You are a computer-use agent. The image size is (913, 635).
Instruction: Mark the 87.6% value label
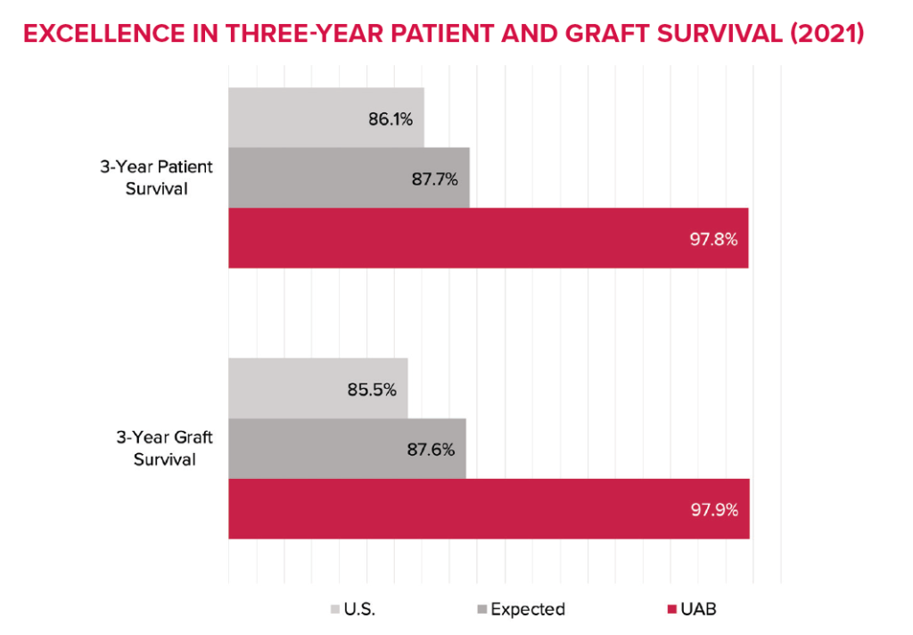click(x=432, y=449)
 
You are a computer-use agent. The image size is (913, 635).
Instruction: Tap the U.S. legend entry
click(x=354, y=610)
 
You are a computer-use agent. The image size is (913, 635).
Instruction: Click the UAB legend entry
click(x=695, y=610)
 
